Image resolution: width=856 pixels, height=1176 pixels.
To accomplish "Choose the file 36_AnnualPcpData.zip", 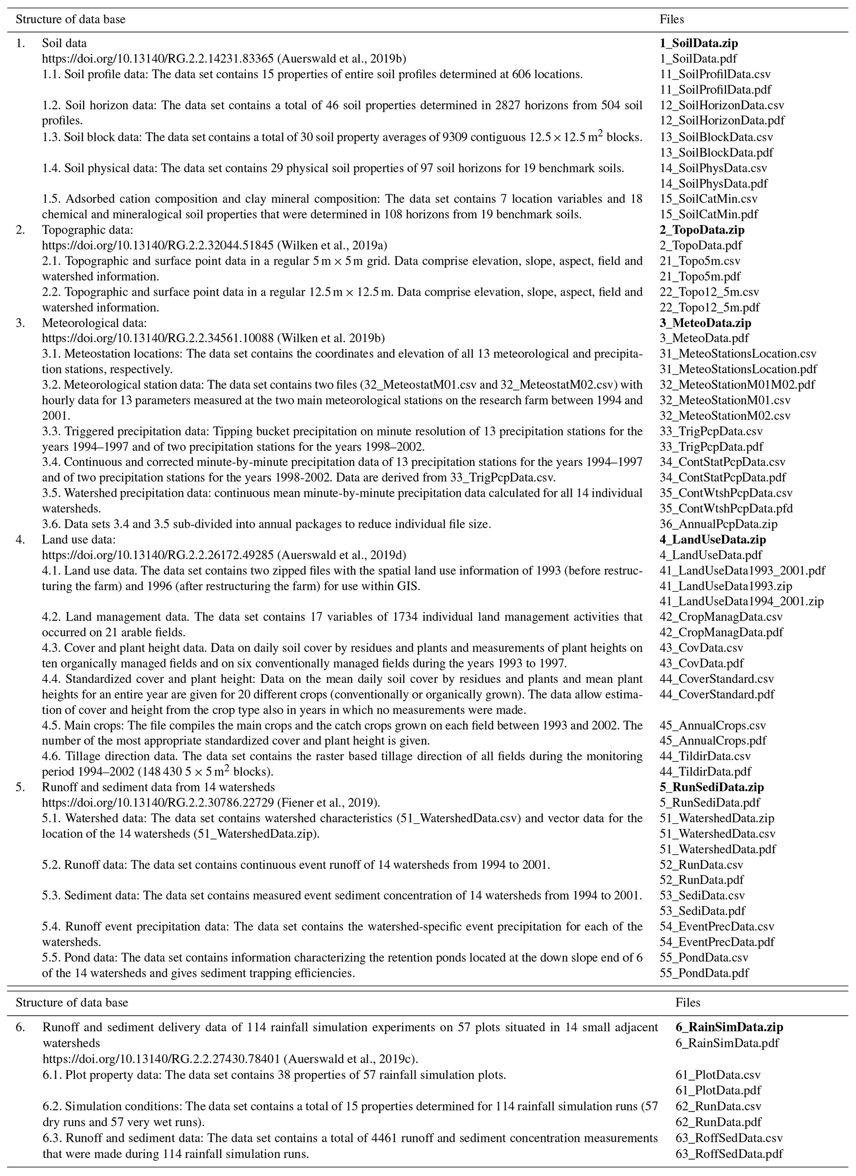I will pos(718,524).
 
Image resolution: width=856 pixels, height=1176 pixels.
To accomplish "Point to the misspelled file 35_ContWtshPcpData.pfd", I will pos(726,508).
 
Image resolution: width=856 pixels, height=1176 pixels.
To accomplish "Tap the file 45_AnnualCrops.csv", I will pos(712,725).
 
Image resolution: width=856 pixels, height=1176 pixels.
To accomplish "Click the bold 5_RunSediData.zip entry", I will pos(711,787).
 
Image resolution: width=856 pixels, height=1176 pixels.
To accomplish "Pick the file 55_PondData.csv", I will pos(704,958).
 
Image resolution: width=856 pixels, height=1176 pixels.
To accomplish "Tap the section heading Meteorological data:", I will pos(94,323).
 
